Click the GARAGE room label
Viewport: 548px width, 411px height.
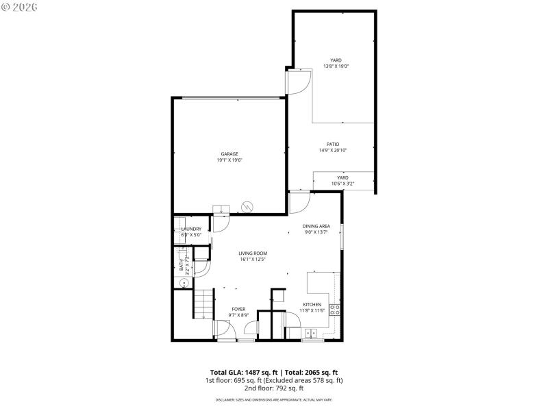(x=229, y=153)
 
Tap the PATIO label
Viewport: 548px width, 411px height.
(x=333, y=144)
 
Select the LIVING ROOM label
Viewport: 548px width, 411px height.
(x=252, y=253)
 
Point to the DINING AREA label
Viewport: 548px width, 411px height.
(x=316, y=225)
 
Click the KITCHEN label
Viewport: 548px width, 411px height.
(x=312, y=304)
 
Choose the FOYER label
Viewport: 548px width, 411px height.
(x=238, y=309)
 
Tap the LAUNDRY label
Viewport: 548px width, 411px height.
(x=191, y=229)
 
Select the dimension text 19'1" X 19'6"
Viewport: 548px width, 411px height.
(x=229, y=160)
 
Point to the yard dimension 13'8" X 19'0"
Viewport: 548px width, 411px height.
(x=336, y=66)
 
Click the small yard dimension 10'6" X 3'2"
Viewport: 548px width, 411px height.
(x=342, y=184)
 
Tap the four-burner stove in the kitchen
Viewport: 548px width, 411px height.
(x=336, y=309)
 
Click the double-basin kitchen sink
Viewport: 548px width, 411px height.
(x=311, y=334)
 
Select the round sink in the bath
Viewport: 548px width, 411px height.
(x=184, y=282)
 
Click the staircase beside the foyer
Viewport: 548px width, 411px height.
(x=203, y=303)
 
